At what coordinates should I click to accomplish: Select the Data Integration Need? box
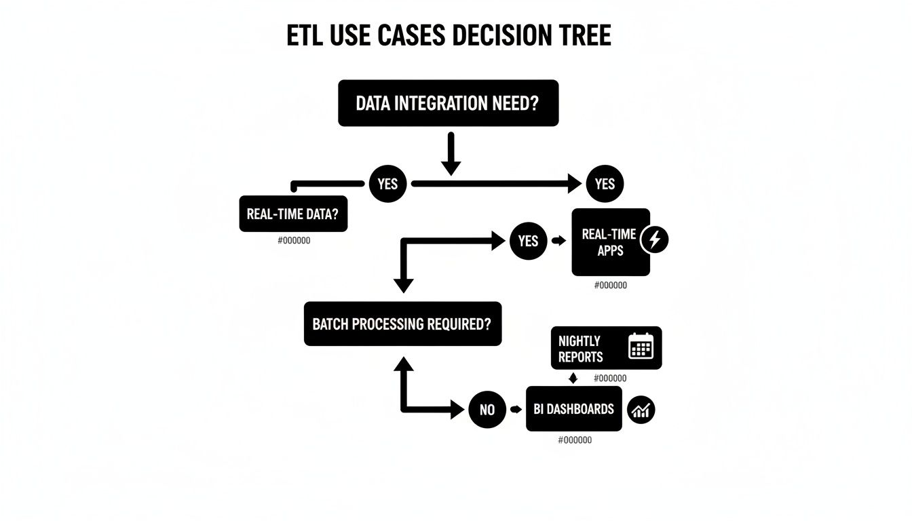click(x=448, y=103)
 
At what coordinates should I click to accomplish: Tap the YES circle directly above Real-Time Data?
click(x=387, y=184)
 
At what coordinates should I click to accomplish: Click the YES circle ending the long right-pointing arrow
click(x=604, y=184)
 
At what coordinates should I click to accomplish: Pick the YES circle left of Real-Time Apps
click(x=528, y=241)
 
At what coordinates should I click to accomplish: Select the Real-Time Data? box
click(x=293, y=214)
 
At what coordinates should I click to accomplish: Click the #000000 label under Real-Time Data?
click(x=294, y=241)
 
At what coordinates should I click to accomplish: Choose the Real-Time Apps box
click(x=609, y=242)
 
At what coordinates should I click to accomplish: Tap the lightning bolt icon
click(x=655, y=239)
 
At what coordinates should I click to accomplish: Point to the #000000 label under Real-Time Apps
click(x=610, y=286)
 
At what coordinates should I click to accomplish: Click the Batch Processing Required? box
click(x=402, y=324)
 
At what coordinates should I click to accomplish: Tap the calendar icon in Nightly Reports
click(x=641, y=346)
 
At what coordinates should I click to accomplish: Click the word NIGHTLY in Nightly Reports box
click(x=579, y=341)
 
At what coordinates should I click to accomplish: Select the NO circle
click(x=487, y=410)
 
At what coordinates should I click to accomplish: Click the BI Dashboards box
click(x=573, y=409)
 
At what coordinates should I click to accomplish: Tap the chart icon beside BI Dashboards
click(x=641, y=410)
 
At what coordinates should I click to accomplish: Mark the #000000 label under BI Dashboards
click(x=575, y=440)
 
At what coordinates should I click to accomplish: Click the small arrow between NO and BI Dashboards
click(x=516, y=410)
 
